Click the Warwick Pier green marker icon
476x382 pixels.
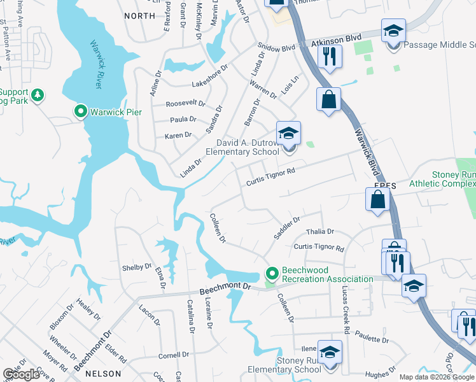click(81, 112)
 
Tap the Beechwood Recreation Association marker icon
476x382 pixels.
click(272, 274)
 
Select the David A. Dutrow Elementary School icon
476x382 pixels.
click(288, 134)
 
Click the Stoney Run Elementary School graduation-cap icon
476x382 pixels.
click(330, 352)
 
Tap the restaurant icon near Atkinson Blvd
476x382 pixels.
click(329, 56)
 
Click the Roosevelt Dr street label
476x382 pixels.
click(185, 103)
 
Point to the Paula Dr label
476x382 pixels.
click(183, 119)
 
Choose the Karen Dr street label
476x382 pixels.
click(178, 135)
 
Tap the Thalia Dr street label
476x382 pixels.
click(320, 232)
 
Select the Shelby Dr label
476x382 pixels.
click(137, 267)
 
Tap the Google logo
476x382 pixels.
click(22, 374)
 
